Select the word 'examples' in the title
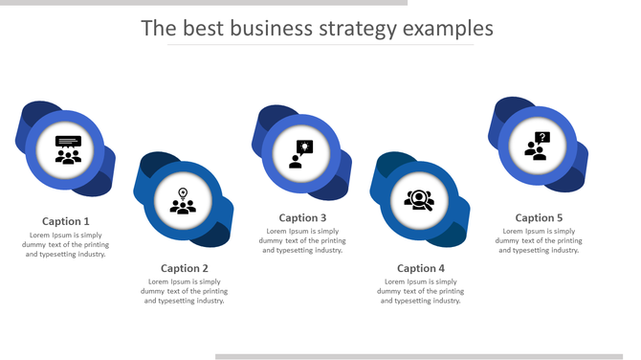click(448, 29)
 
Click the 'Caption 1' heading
click(66, 221)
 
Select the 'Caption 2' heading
click(185, 268)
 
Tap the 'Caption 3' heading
click(302, 217)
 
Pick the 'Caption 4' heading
click(421, 268)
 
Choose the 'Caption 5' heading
click(539, 217)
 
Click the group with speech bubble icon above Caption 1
click(68, 150)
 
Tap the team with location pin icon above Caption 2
click(183, 201)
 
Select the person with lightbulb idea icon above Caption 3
click(301, 153)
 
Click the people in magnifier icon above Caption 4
click(419, 200)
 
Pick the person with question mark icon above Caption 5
click(537, 146)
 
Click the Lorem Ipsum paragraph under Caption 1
click(66, 244)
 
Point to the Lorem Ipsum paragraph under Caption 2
click(185, 291)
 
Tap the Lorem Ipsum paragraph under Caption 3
click(302, 240)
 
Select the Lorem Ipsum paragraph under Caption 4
click(421, 291)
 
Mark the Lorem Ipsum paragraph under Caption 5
click(539, 240)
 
